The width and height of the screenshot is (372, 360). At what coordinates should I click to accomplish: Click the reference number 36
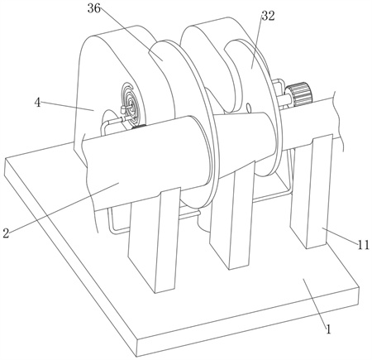coord(94,8)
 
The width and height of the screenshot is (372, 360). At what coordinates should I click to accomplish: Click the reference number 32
coord(268,16)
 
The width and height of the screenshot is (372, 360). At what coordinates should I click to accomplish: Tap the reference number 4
coord(37,103)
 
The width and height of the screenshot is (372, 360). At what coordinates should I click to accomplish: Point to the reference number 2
coord(6,233)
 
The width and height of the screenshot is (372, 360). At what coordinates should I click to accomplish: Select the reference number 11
coord(364,244)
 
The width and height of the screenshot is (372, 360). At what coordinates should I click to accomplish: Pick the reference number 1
coord(328,329)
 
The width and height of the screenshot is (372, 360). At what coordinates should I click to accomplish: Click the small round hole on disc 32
coord(248,108)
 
